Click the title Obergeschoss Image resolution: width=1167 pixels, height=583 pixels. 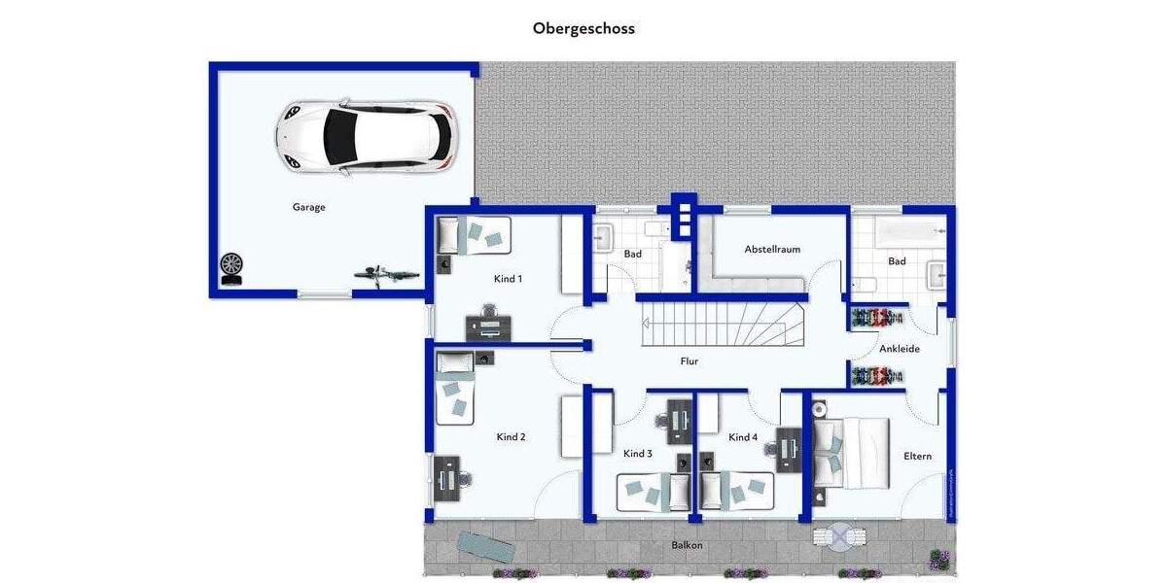pyautogui.click(x=583, y=28)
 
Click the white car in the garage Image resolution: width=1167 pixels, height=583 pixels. pyautogui.click(x=366, y=136)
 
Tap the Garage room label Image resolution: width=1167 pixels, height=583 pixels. pyautogui.click(x=308, y=207)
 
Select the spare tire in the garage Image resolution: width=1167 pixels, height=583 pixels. pyautogui.click(x=231, y=264)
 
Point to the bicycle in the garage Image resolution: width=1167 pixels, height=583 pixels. pyautogui.click(x=386, y=274)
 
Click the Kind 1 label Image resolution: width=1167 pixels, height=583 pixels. pyautogui.click(x=508, y=279)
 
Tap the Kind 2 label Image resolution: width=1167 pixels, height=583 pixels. pyautogui.click(x=511, y=437)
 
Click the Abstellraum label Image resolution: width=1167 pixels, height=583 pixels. pyautogui.click(x=772, y=250)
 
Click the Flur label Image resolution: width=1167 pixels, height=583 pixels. pyautogui.click(x=690, y=361)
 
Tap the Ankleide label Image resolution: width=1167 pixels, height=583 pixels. pyautogui.click(x=899, y=349)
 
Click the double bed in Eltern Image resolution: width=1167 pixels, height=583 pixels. pyautogui.click(x=853, y=453)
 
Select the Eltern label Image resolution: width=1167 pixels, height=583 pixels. pyautogui.click(x=917, y=456)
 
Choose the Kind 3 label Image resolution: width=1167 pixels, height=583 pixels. pyautogui.click(x=637, y=454)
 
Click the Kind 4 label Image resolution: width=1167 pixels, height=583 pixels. pyautogui.click(x=742, y=437)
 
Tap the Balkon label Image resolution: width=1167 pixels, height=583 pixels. pyautogui.click(x=687, y=545)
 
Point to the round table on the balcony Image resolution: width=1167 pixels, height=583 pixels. pyautogui.click(x=838, y=536)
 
